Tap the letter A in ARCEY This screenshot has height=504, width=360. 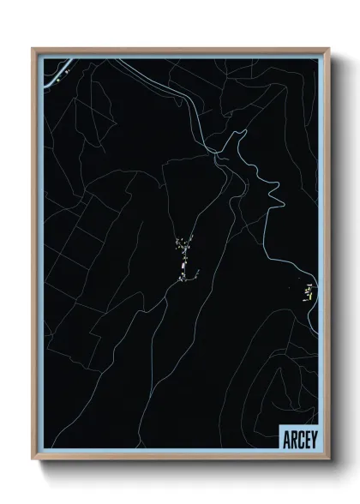pos(285,440)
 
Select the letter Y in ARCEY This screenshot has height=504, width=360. pos(312,440)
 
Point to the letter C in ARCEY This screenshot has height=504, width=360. pos(298,440)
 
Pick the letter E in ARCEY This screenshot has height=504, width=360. pos(305,440)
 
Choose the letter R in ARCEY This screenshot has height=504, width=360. pos(291,440)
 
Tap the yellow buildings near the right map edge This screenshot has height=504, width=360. pos(308,292)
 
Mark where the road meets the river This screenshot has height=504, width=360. pos(213,152)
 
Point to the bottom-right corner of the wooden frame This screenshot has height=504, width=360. pos(328,461)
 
